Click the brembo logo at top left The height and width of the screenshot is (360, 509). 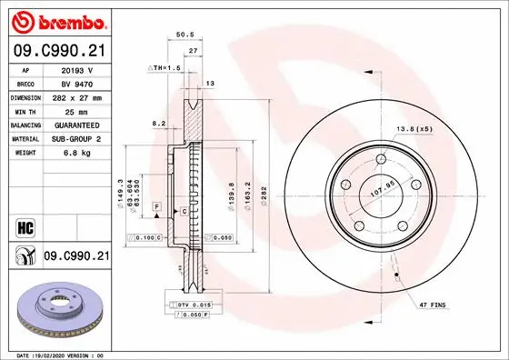(x=57, y=19)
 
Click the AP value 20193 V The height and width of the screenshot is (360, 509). (x=76, y=69)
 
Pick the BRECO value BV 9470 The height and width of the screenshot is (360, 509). (x=76, y=83)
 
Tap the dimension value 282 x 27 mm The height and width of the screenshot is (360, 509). (x=76, y=97)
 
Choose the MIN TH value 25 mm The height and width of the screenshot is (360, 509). (x=76, y=111)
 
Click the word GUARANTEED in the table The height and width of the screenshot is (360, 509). (x=76, y=125)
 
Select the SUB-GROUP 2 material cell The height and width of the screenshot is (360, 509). (x=76, y=139)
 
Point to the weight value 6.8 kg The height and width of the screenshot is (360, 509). (x=76, y=154)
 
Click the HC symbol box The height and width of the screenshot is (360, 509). (x=19, y=225)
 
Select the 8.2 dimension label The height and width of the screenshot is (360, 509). (x=159, y=123)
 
